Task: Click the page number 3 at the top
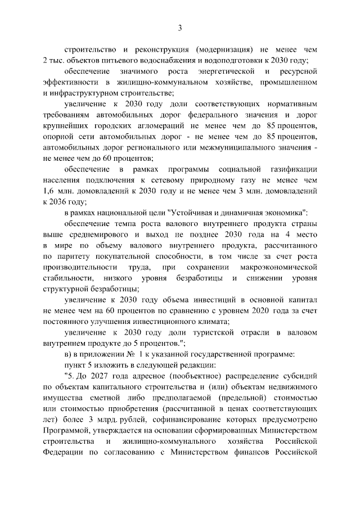click(180, 28)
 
